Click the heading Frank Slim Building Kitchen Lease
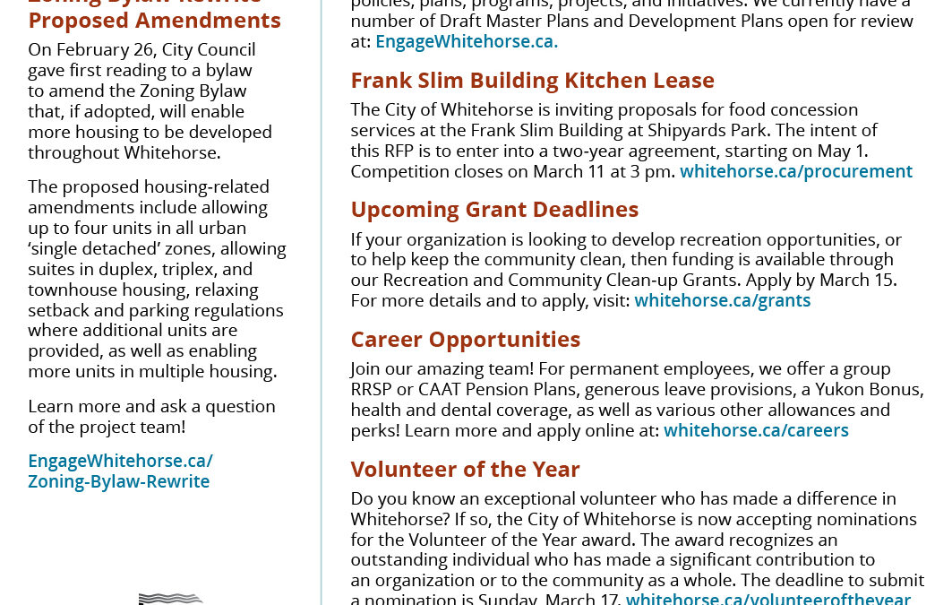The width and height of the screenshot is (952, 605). tap(532, 81)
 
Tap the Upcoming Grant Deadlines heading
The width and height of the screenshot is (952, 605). tap(494, 210)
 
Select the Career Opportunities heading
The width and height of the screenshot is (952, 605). tap(465, 340)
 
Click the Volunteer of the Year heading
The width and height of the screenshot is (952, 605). tap(465, 470)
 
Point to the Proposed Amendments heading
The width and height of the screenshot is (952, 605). tap(154, 20)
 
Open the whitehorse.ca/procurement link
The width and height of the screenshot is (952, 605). tap(795, 171)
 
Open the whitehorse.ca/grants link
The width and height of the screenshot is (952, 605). tap(722, 300)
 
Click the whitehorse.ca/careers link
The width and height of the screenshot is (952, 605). tap(756, 430)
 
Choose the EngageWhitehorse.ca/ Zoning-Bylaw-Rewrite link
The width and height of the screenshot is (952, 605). tap(119, 471)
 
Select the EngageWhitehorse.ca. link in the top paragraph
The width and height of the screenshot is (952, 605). tap(466, 41)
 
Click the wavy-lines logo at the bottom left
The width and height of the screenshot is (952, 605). tap(170, 599)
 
